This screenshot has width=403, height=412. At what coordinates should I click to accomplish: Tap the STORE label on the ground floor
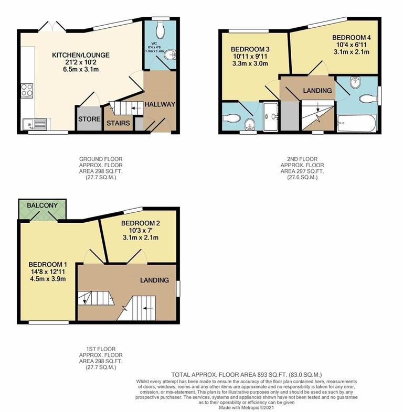[x=89, y=119]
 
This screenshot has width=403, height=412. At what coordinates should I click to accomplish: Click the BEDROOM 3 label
[x=249, y=49]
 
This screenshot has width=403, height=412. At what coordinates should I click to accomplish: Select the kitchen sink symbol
[x=36, y=124]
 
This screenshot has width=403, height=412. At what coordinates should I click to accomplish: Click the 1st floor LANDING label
[x=154, y=280]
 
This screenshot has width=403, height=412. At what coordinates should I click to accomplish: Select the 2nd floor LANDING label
[x=317, y=90]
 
